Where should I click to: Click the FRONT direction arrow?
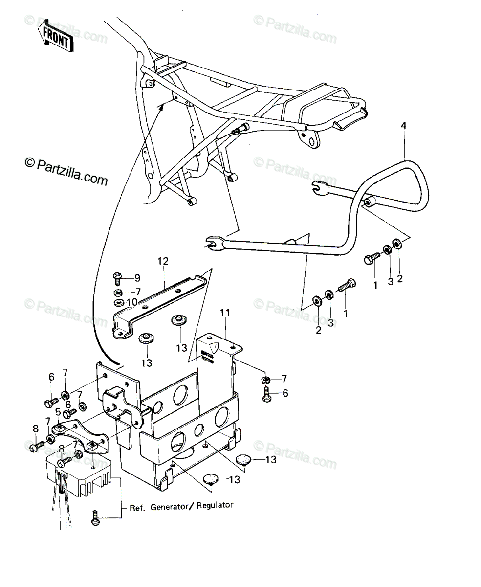[x=56, y=35]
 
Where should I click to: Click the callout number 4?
[x=403, y=126]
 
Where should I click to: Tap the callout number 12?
[x=163, y=261]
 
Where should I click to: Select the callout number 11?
[x=225, y=313]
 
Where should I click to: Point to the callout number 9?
[x=137, y=278]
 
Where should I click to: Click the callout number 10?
[x=132, y=302]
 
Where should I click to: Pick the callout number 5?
[x=58, y=412]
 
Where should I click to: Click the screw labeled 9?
[x=117, y=279]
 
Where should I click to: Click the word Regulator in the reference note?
[x=215, y=505]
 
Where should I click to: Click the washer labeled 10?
[x=119, y=302]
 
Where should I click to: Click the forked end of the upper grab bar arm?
[x=317, y=187]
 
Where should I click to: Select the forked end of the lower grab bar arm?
[x=213, y=242]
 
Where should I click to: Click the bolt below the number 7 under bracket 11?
[x=266, y=394]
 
